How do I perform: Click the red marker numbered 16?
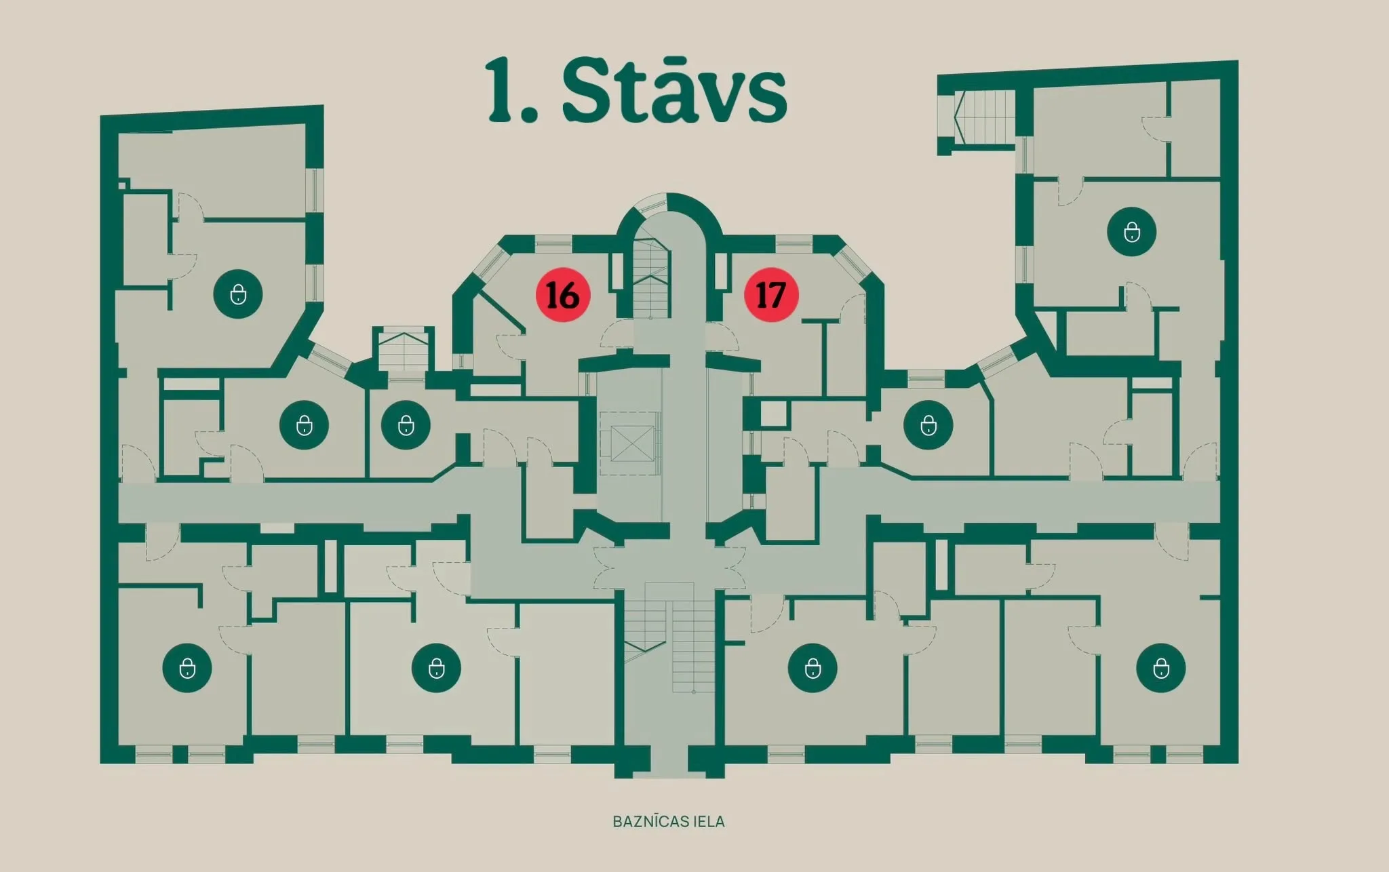click(563, 295)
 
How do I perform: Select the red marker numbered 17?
click(771, 295)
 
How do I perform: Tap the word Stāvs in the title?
click(674, 90)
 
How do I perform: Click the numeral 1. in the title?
click(512, 90)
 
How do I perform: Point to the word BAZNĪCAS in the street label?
click(645, 821)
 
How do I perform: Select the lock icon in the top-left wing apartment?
click(238, 294)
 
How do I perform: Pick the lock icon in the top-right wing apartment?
click(1131, 232)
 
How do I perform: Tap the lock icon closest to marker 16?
click(406, 425)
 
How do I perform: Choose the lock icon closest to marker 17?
click(928, 425)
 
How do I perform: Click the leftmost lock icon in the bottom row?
click(187, 668)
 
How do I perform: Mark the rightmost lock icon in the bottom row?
click(1161, 668)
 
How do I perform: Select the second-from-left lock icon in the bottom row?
click(437, 668)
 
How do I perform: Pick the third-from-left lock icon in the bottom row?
click(813, 668)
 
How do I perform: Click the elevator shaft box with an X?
click(632, 444)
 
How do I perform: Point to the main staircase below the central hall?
click(669, 637)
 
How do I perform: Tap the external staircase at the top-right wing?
click(985, 117)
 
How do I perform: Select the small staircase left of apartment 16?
click(404, 351)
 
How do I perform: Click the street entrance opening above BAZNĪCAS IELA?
click(669, 763)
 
